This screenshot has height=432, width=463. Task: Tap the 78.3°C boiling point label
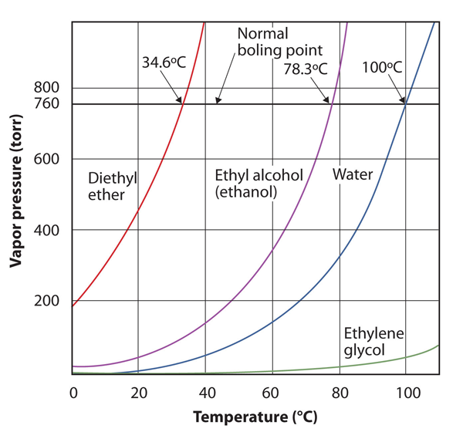(306, 69)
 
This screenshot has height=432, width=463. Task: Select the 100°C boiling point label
(382, 68)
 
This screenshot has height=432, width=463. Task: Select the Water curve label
(353, 175)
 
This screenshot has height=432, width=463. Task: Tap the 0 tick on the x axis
(73, 391)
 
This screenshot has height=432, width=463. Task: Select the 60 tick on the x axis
(272, 391)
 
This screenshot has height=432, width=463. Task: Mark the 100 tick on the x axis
(404, 391)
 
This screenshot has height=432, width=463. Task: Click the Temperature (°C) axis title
(255, 417)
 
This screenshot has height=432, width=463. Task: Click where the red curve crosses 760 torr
(182, 103)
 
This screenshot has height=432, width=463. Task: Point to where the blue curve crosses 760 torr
(406, 103)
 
